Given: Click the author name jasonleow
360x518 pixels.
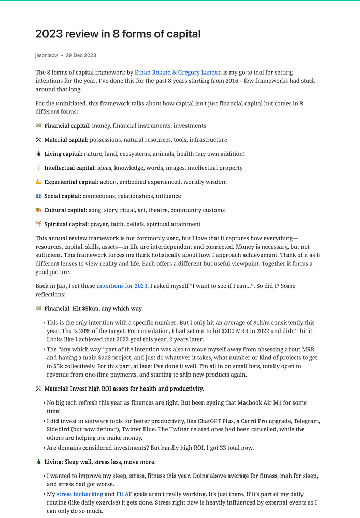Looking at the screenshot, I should tap(47, 55).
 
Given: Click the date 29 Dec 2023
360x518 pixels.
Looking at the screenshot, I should tap(81, 55).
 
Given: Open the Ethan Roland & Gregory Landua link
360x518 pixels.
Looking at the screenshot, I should tap(178, 73).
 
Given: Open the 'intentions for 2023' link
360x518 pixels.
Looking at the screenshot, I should tap(122, 286).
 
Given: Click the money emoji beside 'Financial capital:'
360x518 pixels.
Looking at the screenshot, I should tap(38, 126).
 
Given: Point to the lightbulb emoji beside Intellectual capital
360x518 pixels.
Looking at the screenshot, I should tap(38, 168).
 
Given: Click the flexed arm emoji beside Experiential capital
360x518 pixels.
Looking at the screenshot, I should tap(38, 182).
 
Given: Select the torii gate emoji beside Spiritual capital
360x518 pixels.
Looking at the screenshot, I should tap(38, 224).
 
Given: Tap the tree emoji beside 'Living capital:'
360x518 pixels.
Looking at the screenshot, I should tap(38, 154).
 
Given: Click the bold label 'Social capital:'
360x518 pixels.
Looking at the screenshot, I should tap(63, 196).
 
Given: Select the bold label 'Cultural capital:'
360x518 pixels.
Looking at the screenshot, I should tap(65, 210).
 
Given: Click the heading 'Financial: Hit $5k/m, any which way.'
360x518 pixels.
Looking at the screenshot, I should tap(93, 309).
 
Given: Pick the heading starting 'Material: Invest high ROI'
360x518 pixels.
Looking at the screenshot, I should tap(124, 388).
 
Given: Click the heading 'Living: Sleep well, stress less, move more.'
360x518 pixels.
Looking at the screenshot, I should tap(100, 462).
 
